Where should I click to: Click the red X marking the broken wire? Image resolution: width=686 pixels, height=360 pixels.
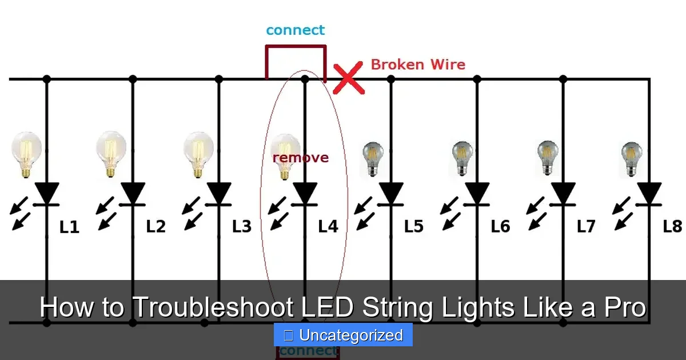[x=349, y=79]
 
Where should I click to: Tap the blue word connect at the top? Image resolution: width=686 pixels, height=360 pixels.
[x=295, y=30]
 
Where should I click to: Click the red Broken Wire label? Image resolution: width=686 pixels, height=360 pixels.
[x=418, y=64]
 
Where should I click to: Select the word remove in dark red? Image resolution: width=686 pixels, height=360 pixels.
[x=301, y=157]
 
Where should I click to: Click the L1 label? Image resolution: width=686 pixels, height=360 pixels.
[x=69, y=227]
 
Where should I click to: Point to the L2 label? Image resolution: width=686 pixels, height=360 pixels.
[x=155, y=226]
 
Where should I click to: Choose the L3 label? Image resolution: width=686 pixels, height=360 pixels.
[x=242, y=226]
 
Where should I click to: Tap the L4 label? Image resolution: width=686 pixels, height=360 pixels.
[x=328, y=226]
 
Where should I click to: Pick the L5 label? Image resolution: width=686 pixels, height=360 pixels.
[x=413, y=226]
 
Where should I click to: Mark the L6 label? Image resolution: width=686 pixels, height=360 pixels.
[x=500, y=226]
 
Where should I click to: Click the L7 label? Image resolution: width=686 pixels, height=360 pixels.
[x=585, y=226]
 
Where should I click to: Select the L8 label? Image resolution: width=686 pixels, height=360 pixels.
[x=672, y=226]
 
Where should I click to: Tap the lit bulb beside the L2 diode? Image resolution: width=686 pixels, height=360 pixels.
[x=111, y=151]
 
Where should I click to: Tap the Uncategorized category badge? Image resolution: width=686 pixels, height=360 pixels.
[x=343, y=335]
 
